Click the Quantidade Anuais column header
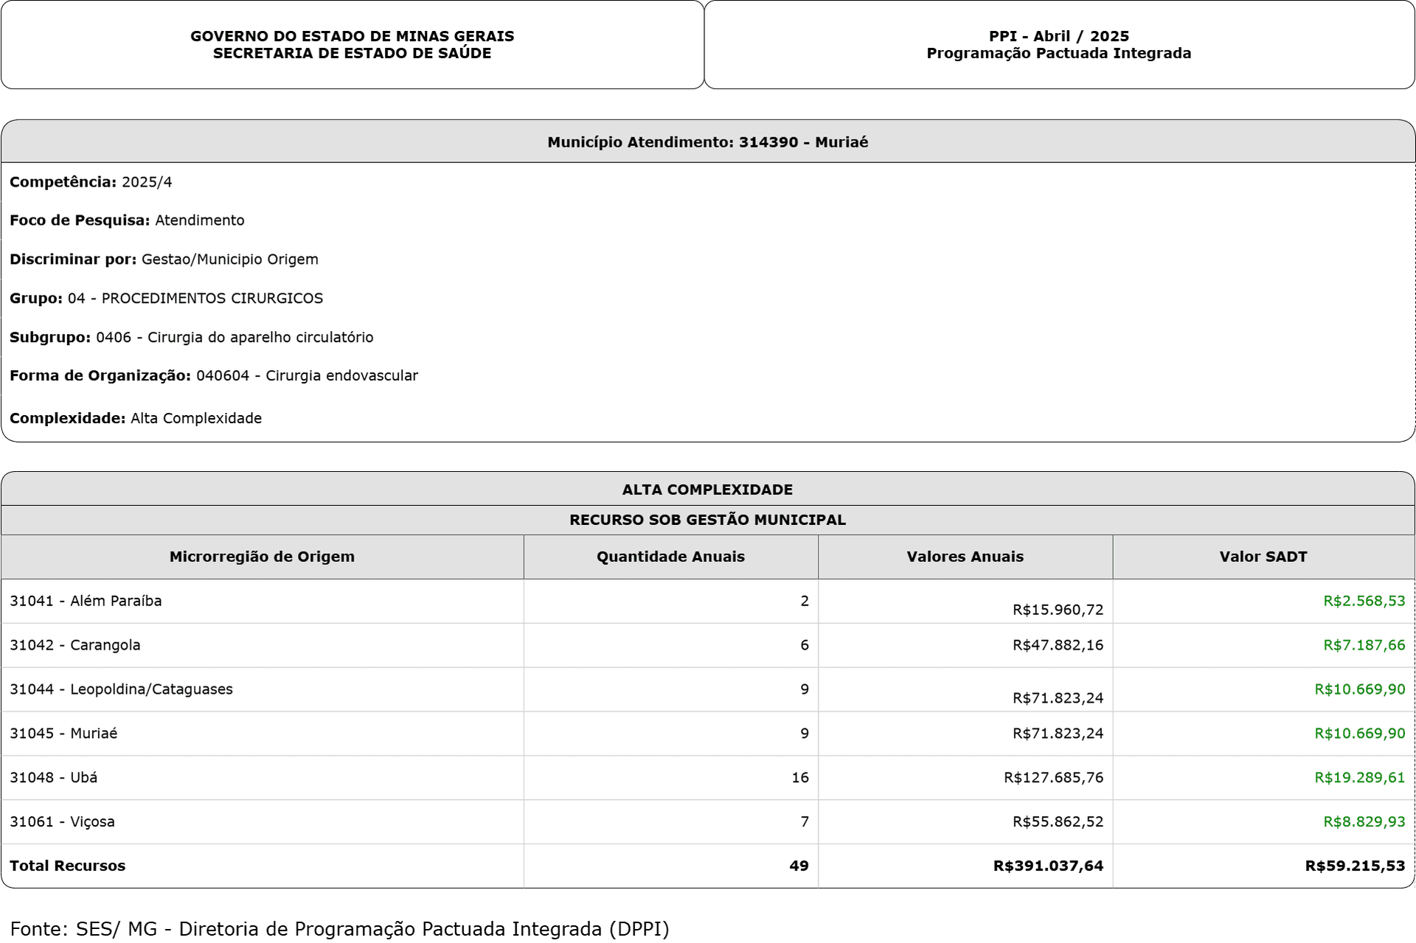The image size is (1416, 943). tap(670, 557)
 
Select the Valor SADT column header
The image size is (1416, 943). tap(1263, 557)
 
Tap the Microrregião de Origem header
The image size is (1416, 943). tap(262, 557)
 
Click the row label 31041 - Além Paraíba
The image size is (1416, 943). tap(86, 601)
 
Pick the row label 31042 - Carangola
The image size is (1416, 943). tap(74, 645)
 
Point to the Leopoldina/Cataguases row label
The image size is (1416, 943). tap(121, 689)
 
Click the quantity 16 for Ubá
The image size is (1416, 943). tap(800, 777)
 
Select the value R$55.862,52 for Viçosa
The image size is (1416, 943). tap(1058, 821)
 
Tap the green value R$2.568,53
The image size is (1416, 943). tap(1364, 601)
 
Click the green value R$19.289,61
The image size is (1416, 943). tap(1359, 777)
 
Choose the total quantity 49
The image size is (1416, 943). tap(799, 866)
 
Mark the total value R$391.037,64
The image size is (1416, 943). tap(1048, 866)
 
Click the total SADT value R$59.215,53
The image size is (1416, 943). tap(1355, 866)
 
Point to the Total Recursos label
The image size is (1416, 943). tap(67, 866)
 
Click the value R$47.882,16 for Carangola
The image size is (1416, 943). tap(1058, 645)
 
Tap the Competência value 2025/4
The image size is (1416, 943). tap(147, 182)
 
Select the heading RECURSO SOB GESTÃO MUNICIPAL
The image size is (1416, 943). tap(707, 520)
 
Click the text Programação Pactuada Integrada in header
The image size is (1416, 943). tap(1058, 53)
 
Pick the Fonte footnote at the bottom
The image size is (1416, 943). tap(339, 928)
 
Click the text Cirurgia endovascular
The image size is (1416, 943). tap(341, 376)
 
